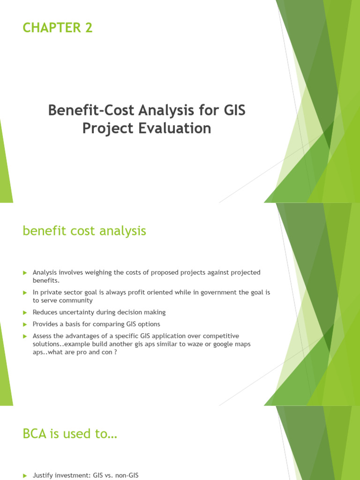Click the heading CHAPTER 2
(58, 28)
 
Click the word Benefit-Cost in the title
(88, 111)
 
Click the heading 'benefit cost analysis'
(84, 231)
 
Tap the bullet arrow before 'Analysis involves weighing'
(25, 272)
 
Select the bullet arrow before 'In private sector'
(25, 292)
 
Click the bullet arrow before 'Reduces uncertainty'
(25, 312)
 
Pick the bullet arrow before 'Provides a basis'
(25, 324)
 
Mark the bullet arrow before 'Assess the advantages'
(25, 336)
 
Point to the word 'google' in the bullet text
(222, 344)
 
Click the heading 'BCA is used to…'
(69, 434)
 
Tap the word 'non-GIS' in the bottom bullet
(126, 475)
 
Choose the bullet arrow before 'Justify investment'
(25, 475)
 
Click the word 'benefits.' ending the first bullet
(46, 280)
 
